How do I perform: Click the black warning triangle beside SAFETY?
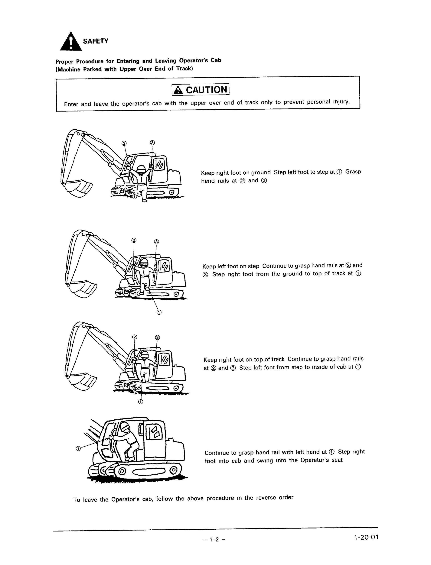pyautogui.click(x=71, y=42)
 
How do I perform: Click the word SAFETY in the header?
pyautogui.click(x=95, y=41)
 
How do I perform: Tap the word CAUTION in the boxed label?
pyautogui.click(x=207, y=90)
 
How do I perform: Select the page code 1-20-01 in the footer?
pyautogui.click(x=366, y=537)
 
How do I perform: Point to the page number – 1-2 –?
pyautogui.click(x=214, y=539)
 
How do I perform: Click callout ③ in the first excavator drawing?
pyautogui.click(x=152, y=143)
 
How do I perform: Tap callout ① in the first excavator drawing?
pyautogui.click(x=134, y=197)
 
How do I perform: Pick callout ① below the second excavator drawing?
pyautogui.click(x=159, y=312)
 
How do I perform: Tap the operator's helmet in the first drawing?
pyautogui.click(x=141, y=169)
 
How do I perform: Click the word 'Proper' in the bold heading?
pyautogui.click(x=64, y=62)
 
